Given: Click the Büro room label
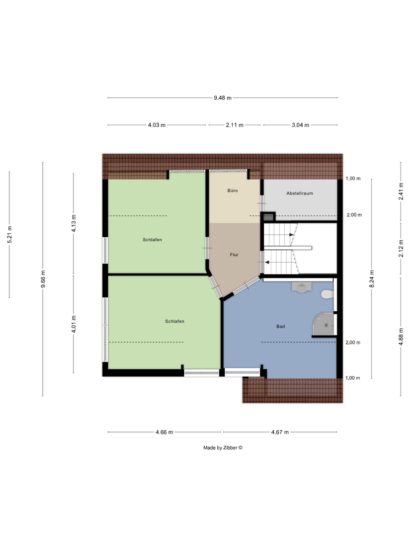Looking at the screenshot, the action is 233,191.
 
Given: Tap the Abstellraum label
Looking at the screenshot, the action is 300,193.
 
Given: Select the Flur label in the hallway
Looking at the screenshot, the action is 234,255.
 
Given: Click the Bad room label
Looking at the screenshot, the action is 281,327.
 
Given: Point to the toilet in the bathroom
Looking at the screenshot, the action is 328,294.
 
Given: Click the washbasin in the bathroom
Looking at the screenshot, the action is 302,287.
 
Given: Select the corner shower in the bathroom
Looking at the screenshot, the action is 323,325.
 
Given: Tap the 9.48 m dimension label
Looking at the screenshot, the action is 223,98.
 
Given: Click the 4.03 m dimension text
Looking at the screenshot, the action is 157,125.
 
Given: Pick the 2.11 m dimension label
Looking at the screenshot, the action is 235,125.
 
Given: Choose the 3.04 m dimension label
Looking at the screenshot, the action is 301,125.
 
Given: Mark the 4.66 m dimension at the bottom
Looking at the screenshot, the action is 164,432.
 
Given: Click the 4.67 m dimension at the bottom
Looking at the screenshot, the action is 280,432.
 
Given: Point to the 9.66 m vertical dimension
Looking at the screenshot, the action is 43,279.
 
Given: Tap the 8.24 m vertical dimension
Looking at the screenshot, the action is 372,279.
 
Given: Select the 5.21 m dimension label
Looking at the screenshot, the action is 10,235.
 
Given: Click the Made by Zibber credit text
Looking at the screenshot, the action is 223,448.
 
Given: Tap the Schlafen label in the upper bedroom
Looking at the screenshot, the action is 153,240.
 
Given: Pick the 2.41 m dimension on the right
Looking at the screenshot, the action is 401,192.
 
